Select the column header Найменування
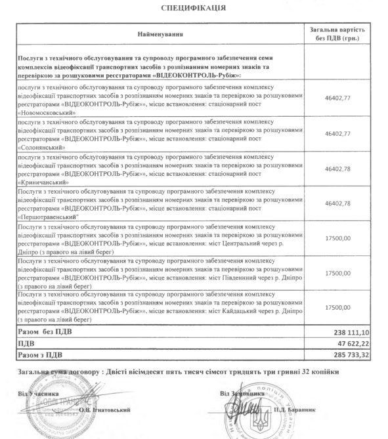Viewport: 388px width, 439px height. pos(161,33)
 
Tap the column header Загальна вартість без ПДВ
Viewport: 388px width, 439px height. pos(336,33)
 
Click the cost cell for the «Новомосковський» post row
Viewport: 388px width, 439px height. pos(336,98)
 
